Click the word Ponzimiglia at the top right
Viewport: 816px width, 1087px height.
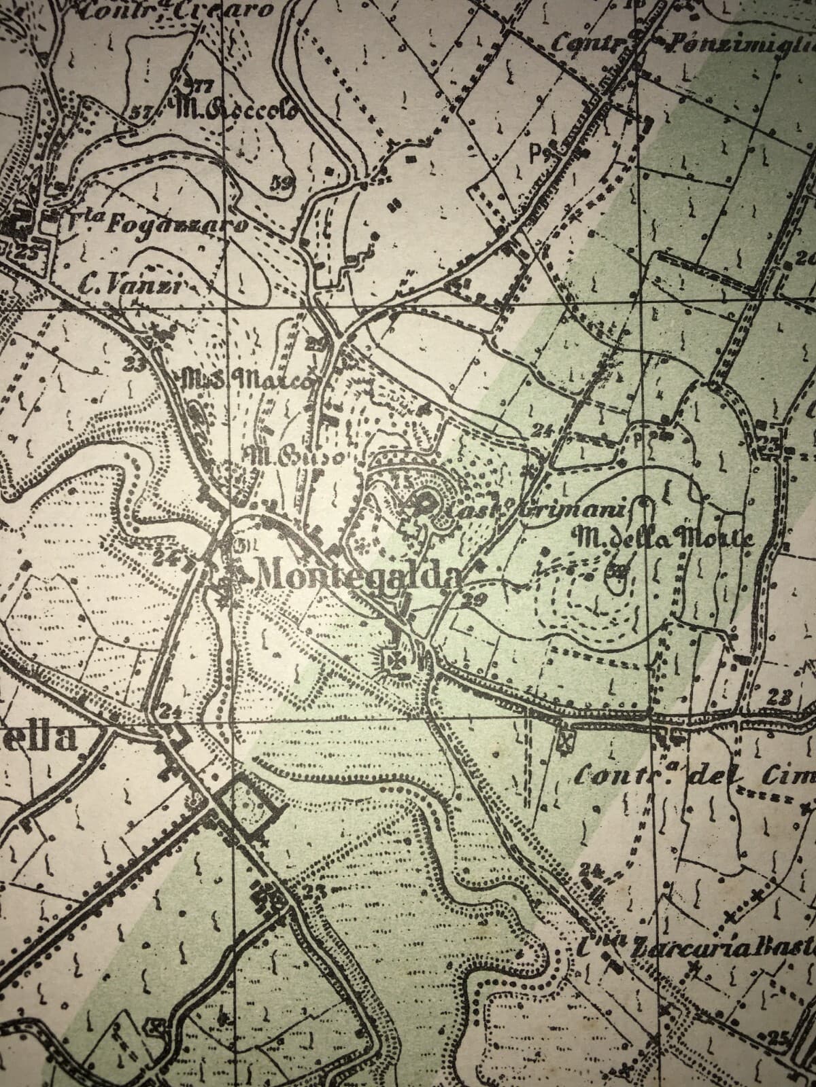738,45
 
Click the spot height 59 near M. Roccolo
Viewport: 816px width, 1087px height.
280,182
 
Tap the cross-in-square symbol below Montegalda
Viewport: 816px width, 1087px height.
394,658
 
